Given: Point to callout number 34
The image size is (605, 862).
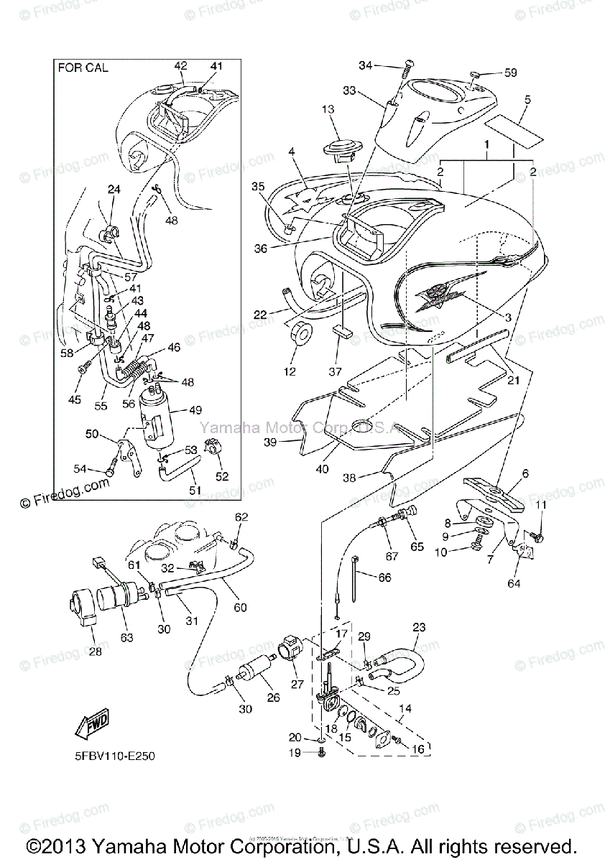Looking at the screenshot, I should pyautogui.click(x=365, y=66).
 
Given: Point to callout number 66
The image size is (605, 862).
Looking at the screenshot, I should pyautogui.click(x=384, y=577).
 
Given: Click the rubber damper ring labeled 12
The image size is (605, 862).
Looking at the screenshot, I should pyautogui.click(x=302, y=335).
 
